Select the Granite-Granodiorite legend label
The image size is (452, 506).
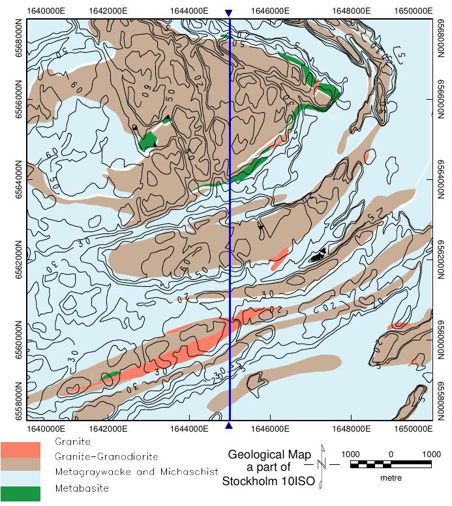pos(106,456)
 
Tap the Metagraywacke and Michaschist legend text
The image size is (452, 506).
pos(136,471)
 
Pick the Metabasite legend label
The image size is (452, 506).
pos(82,487)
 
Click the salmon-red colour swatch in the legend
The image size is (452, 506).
pos(20,449)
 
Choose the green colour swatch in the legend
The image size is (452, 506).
pos(20,494)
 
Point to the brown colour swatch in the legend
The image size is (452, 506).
pos(20,464)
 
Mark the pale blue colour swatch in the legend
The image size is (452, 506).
pos(20,479)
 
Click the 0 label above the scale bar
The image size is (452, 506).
pos(390,454)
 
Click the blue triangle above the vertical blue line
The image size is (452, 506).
pos(228,13)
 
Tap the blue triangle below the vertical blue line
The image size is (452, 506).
pos(228,426)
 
